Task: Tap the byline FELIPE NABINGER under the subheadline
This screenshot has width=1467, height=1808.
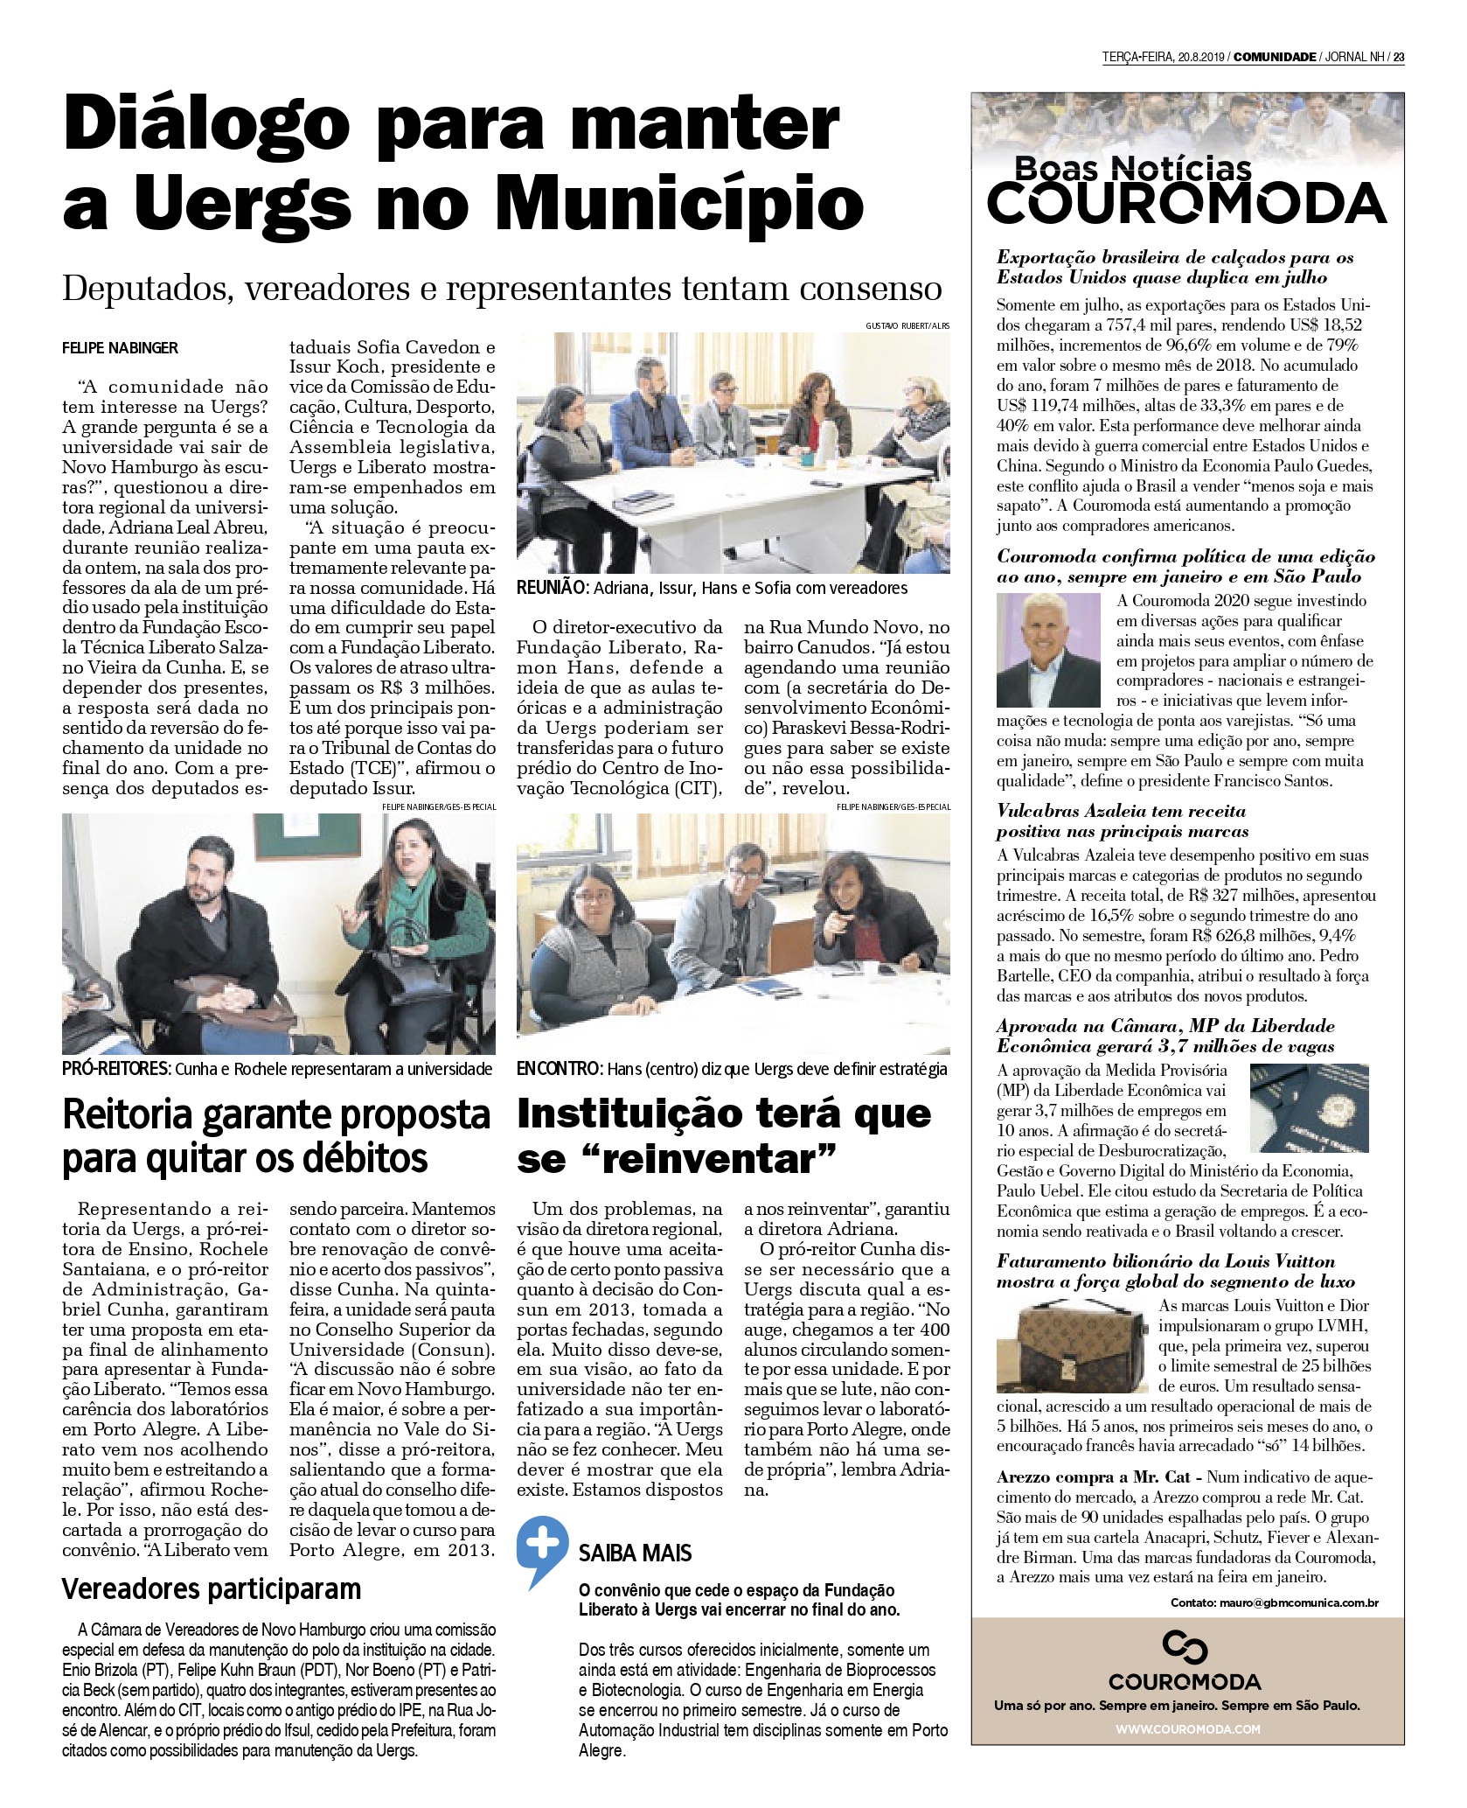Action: [120, 348]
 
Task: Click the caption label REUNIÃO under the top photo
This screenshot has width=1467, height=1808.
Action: [553, 588]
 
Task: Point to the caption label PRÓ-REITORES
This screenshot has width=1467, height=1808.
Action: [117, 1069]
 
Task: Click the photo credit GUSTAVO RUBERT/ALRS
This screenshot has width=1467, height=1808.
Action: [907, 325]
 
